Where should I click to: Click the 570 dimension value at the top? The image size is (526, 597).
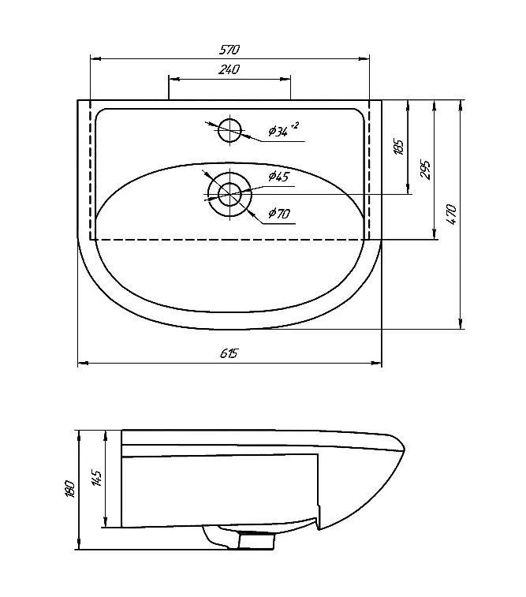(229, 50)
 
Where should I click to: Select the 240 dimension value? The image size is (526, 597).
(229, 69)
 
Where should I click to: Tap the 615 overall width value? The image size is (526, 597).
(229, 354)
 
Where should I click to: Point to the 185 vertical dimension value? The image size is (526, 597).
(398, 147)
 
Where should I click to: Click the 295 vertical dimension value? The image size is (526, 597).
(425, 170)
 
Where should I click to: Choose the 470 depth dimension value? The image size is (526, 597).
(451, 215)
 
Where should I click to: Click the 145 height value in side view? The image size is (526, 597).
(96, 479)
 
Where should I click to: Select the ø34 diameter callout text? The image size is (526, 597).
(278, 132)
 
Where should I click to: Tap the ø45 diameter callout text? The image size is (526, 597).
(278, 177)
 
